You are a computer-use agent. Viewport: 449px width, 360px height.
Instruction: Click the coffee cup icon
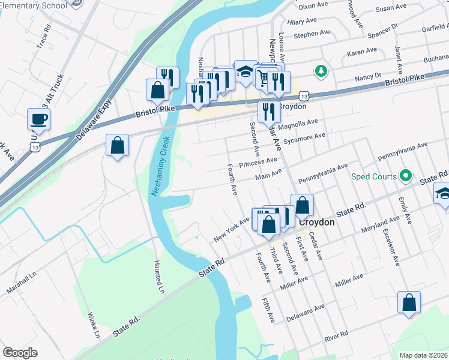tap(39, 119)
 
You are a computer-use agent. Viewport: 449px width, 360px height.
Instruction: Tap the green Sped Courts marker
tap(406, 176)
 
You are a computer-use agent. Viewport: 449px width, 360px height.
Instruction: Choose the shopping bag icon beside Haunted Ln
tap(117, 145)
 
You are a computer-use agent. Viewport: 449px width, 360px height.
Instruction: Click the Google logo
tap(20, 353)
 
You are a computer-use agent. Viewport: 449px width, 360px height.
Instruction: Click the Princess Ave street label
tap(258, 163)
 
